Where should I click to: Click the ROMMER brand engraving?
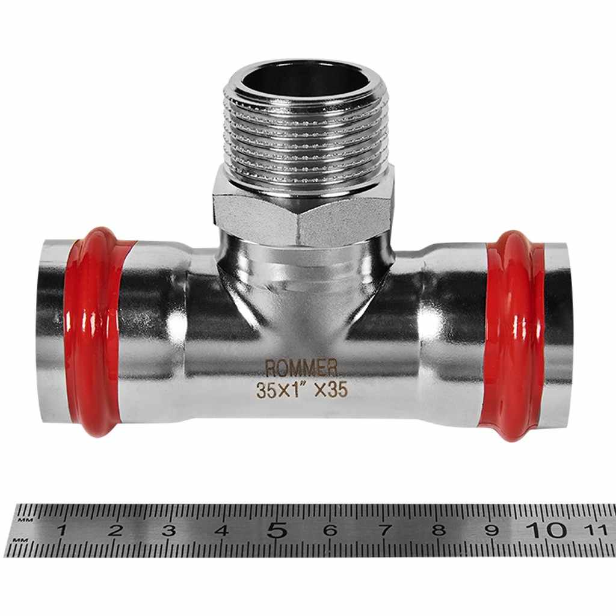tap(301, 368)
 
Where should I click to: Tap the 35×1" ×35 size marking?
tap(302, 390)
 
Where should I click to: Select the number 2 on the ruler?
tap(115, 531)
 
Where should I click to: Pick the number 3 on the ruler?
tap(168, 531)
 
